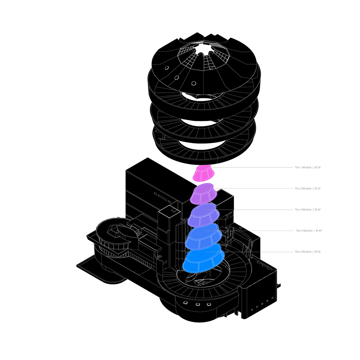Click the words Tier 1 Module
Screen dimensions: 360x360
click(x=303, y=167)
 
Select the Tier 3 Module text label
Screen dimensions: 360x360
click(x=303, y=209)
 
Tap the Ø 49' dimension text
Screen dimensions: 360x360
click(x=319, y=231)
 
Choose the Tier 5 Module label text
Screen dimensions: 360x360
click(x=303, y=252)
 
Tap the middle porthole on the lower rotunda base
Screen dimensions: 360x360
click(x=197, y=305)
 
